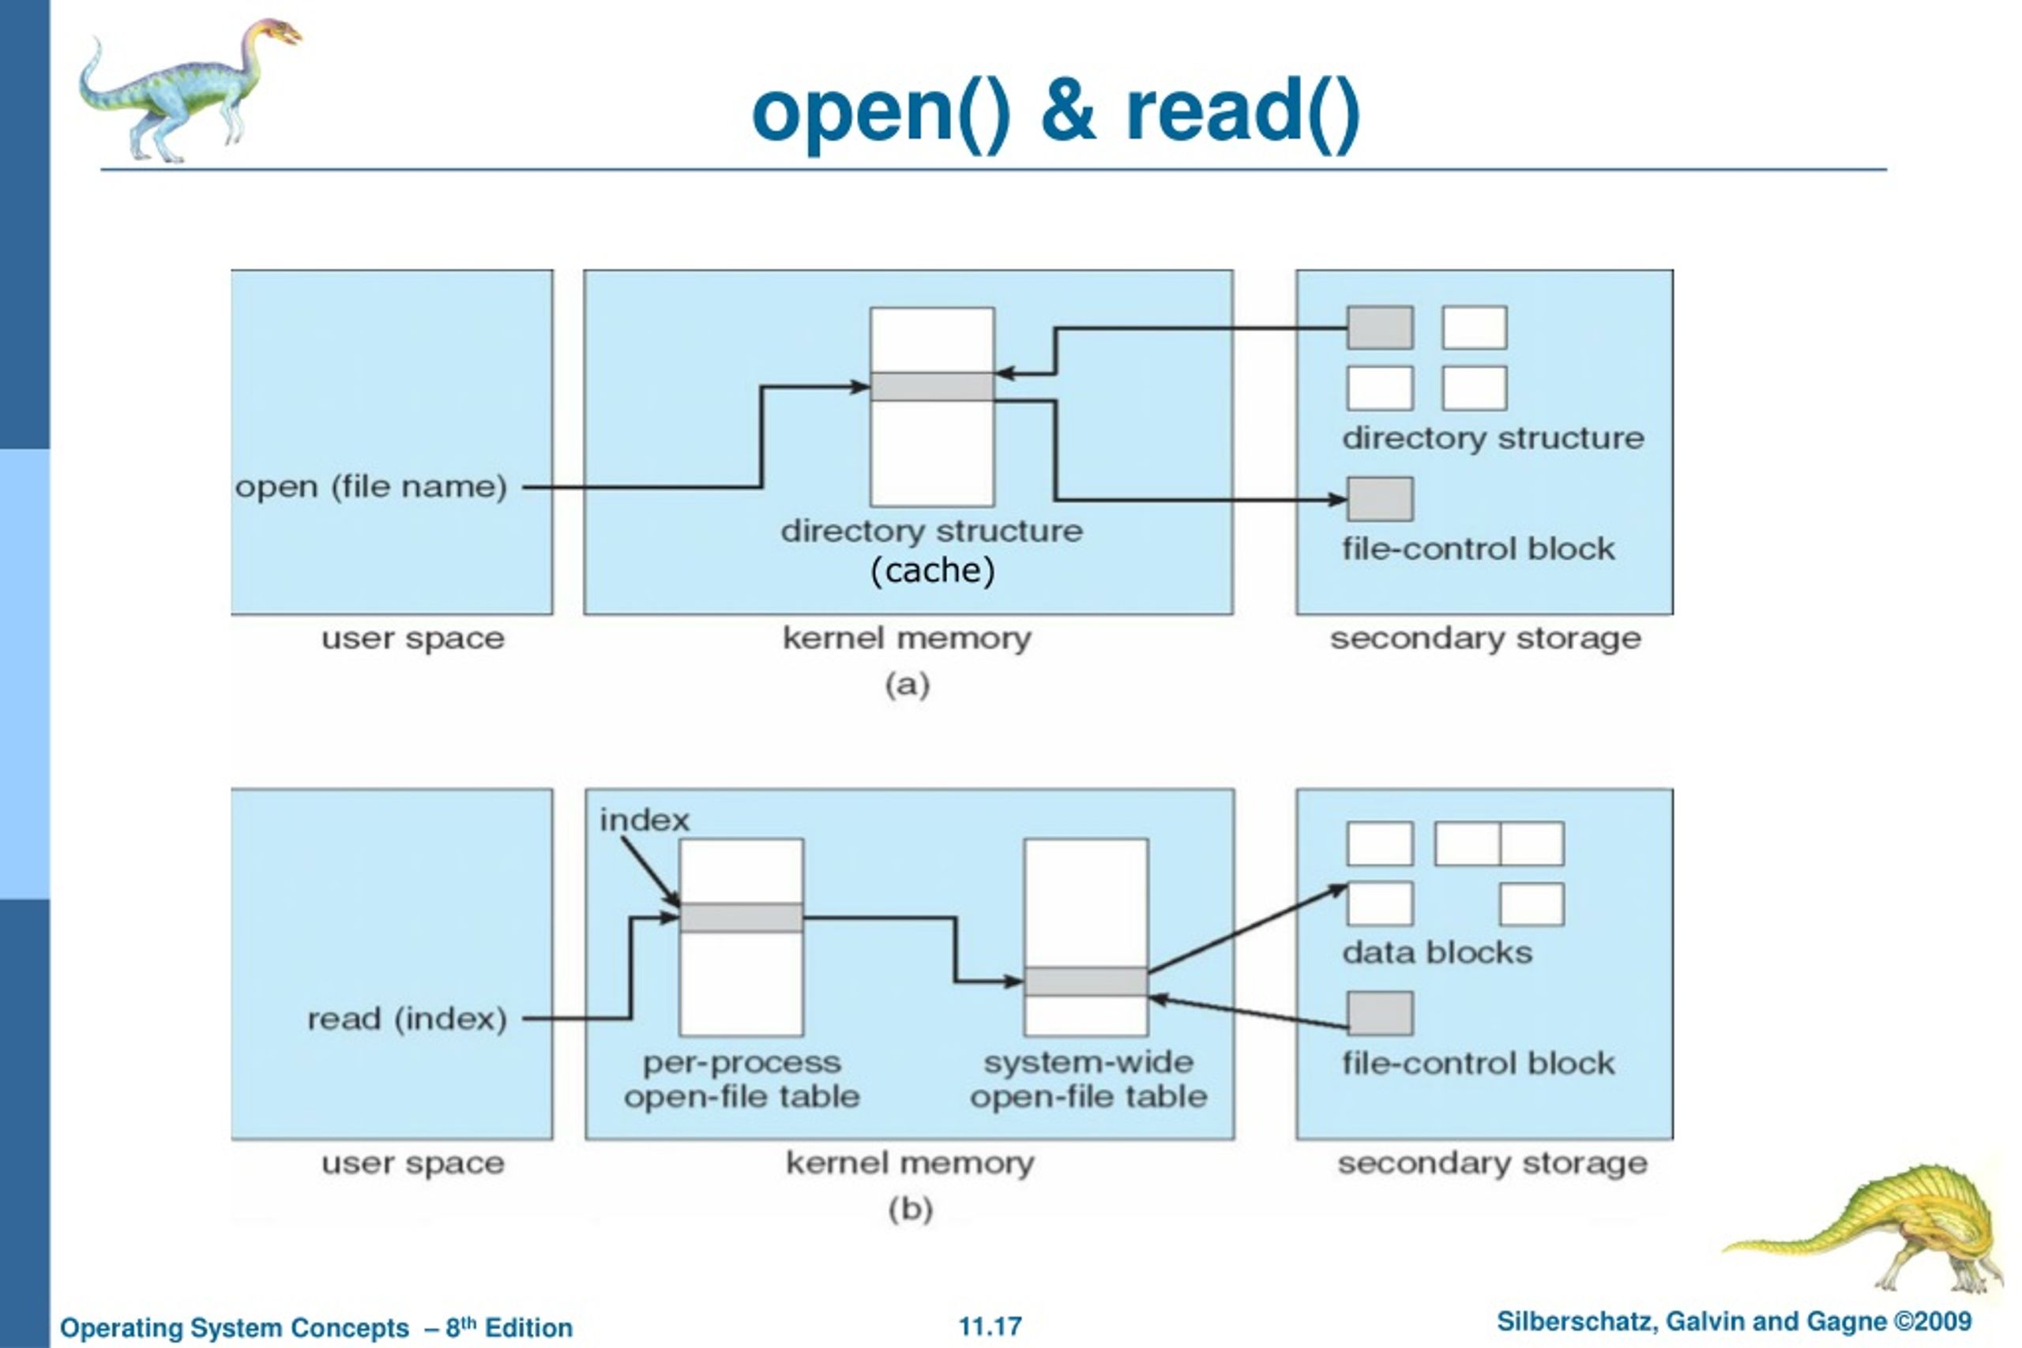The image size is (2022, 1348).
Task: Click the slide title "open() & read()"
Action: click(x=1056, y=113)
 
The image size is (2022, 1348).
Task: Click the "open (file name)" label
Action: click(x=371, y=486)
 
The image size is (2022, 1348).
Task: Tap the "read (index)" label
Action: click(x=408, y=1019)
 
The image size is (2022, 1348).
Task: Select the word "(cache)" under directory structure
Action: click(x=933, y=570)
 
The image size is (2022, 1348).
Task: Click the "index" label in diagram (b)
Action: click(x=645, y=820)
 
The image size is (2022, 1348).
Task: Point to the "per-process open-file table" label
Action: click(x=742, y=1080)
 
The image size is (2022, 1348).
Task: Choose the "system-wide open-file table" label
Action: click(x=1088, y=1080)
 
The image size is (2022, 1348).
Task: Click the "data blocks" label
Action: click(x=1438, y=952)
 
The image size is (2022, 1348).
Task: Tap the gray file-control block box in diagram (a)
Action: click(x=1380, y=500)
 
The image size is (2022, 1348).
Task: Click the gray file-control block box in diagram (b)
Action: click(x=1380, y=1014)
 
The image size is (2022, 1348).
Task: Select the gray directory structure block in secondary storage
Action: click(x=1380, y=328)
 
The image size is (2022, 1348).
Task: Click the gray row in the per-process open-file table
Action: click(x=741, y=918)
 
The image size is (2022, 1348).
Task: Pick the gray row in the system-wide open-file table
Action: click(x=1086, y=982)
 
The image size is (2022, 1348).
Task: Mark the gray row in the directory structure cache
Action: click(x=933, y=386)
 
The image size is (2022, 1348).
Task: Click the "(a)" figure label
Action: click(x=908, y=685)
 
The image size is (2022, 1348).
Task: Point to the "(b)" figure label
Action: click(x=911, y=1210)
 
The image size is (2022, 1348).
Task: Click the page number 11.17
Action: click(x=990, y=1327)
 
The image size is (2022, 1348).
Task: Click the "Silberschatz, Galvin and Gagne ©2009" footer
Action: click(x=1734, y=1321)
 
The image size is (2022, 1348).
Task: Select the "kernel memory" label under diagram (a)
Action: click(x=907, y=639)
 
